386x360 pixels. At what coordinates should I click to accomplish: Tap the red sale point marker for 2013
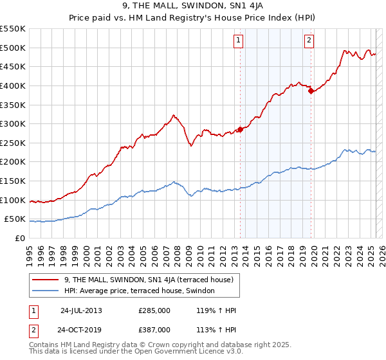tap(240, 129)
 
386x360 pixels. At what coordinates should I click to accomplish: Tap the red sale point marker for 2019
tap(311, 91)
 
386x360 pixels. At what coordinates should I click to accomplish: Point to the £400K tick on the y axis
tap(14, 85)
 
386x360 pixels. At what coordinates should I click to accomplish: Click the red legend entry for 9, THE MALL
tap(152, 280)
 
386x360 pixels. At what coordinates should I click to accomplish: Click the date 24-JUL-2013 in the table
tap(81, 310)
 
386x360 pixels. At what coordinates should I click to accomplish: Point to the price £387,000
tap(154, 329)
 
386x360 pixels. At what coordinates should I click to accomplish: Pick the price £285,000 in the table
tap(154, 310)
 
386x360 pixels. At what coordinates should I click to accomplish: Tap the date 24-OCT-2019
tap(81, 329)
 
